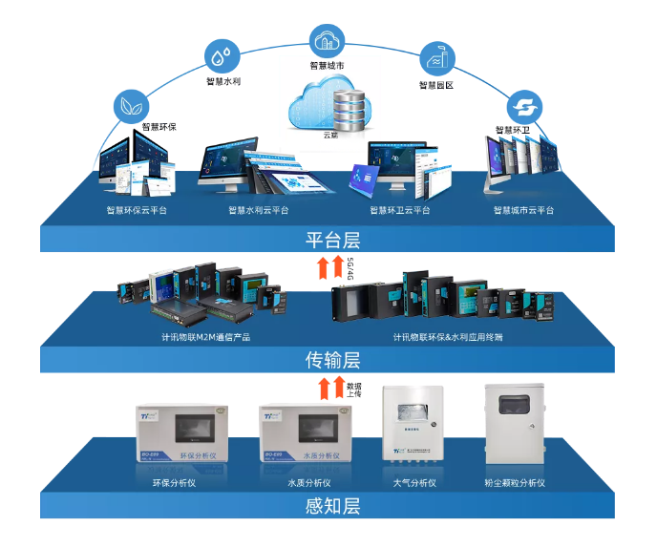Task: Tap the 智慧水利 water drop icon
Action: click(223, 53)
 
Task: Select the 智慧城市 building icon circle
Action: click(326, 40)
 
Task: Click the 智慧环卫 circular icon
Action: click(523, 105)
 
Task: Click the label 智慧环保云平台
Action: click(137, 211)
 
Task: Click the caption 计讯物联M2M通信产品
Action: click(205, 337)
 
